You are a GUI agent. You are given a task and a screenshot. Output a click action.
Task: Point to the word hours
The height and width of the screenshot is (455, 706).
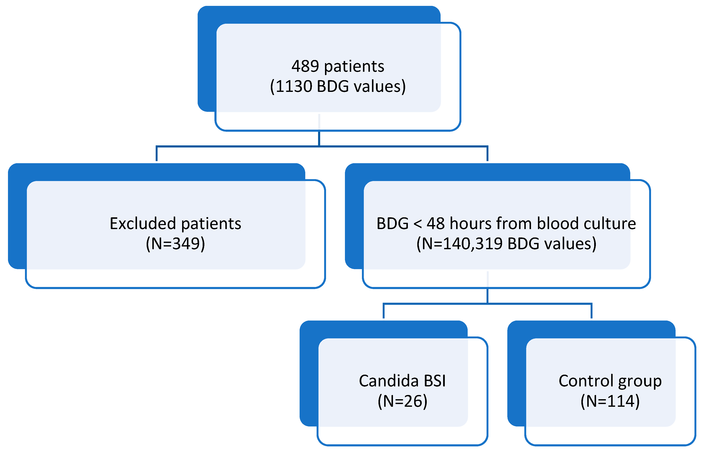pyautogui.click(x=470, y=224)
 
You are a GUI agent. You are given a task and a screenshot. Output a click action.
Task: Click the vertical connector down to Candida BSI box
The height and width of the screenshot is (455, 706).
pyautogui.click(x=383, y=311)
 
